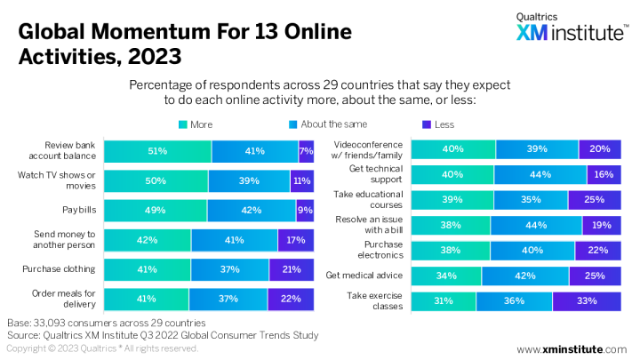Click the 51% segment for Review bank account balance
click(x=158, y=151)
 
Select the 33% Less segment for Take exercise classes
click(x=587, y=301)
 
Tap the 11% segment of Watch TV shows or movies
click(x=302, y=180)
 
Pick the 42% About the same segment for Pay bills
click(x=252, y=210)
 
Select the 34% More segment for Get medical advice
click(x=446, y=276)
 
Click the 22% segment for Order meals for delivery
click(x=291, y=298)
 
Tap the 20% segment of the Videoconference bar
click(x=600, y=149)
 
